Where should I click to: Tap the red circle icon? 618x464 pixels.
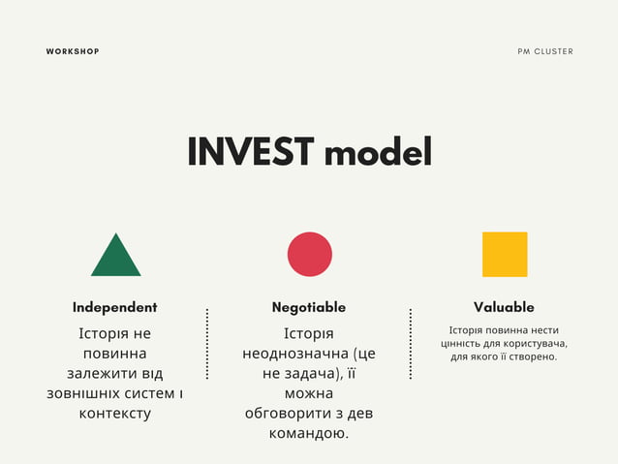(309, 254)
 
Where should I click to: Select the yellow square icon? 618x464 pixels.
(505, 254)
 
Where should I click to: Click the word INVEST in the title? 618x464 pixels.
(250, 152)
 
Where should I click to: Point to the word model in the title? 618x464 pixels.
(378, 152)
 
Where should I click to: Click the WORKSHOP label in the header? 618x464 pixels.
(73, 51)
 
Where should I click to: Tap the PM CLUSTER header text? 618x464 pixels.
(545, 51)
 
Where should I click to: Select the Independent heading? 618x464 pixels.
(114, 307)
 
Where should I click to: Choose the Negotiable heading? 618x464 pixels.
(309, 307)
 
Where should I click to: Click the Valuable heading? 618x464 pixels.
(504, 307)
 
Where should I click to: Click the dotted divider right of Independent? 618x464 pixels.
(207, 344)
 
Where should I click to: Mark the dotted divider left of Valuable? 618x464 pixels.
(411, 344)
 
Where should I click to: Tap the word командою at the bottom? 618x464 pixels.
(308, 433)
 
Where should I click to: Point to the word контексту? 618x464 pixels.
(114, 414)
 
